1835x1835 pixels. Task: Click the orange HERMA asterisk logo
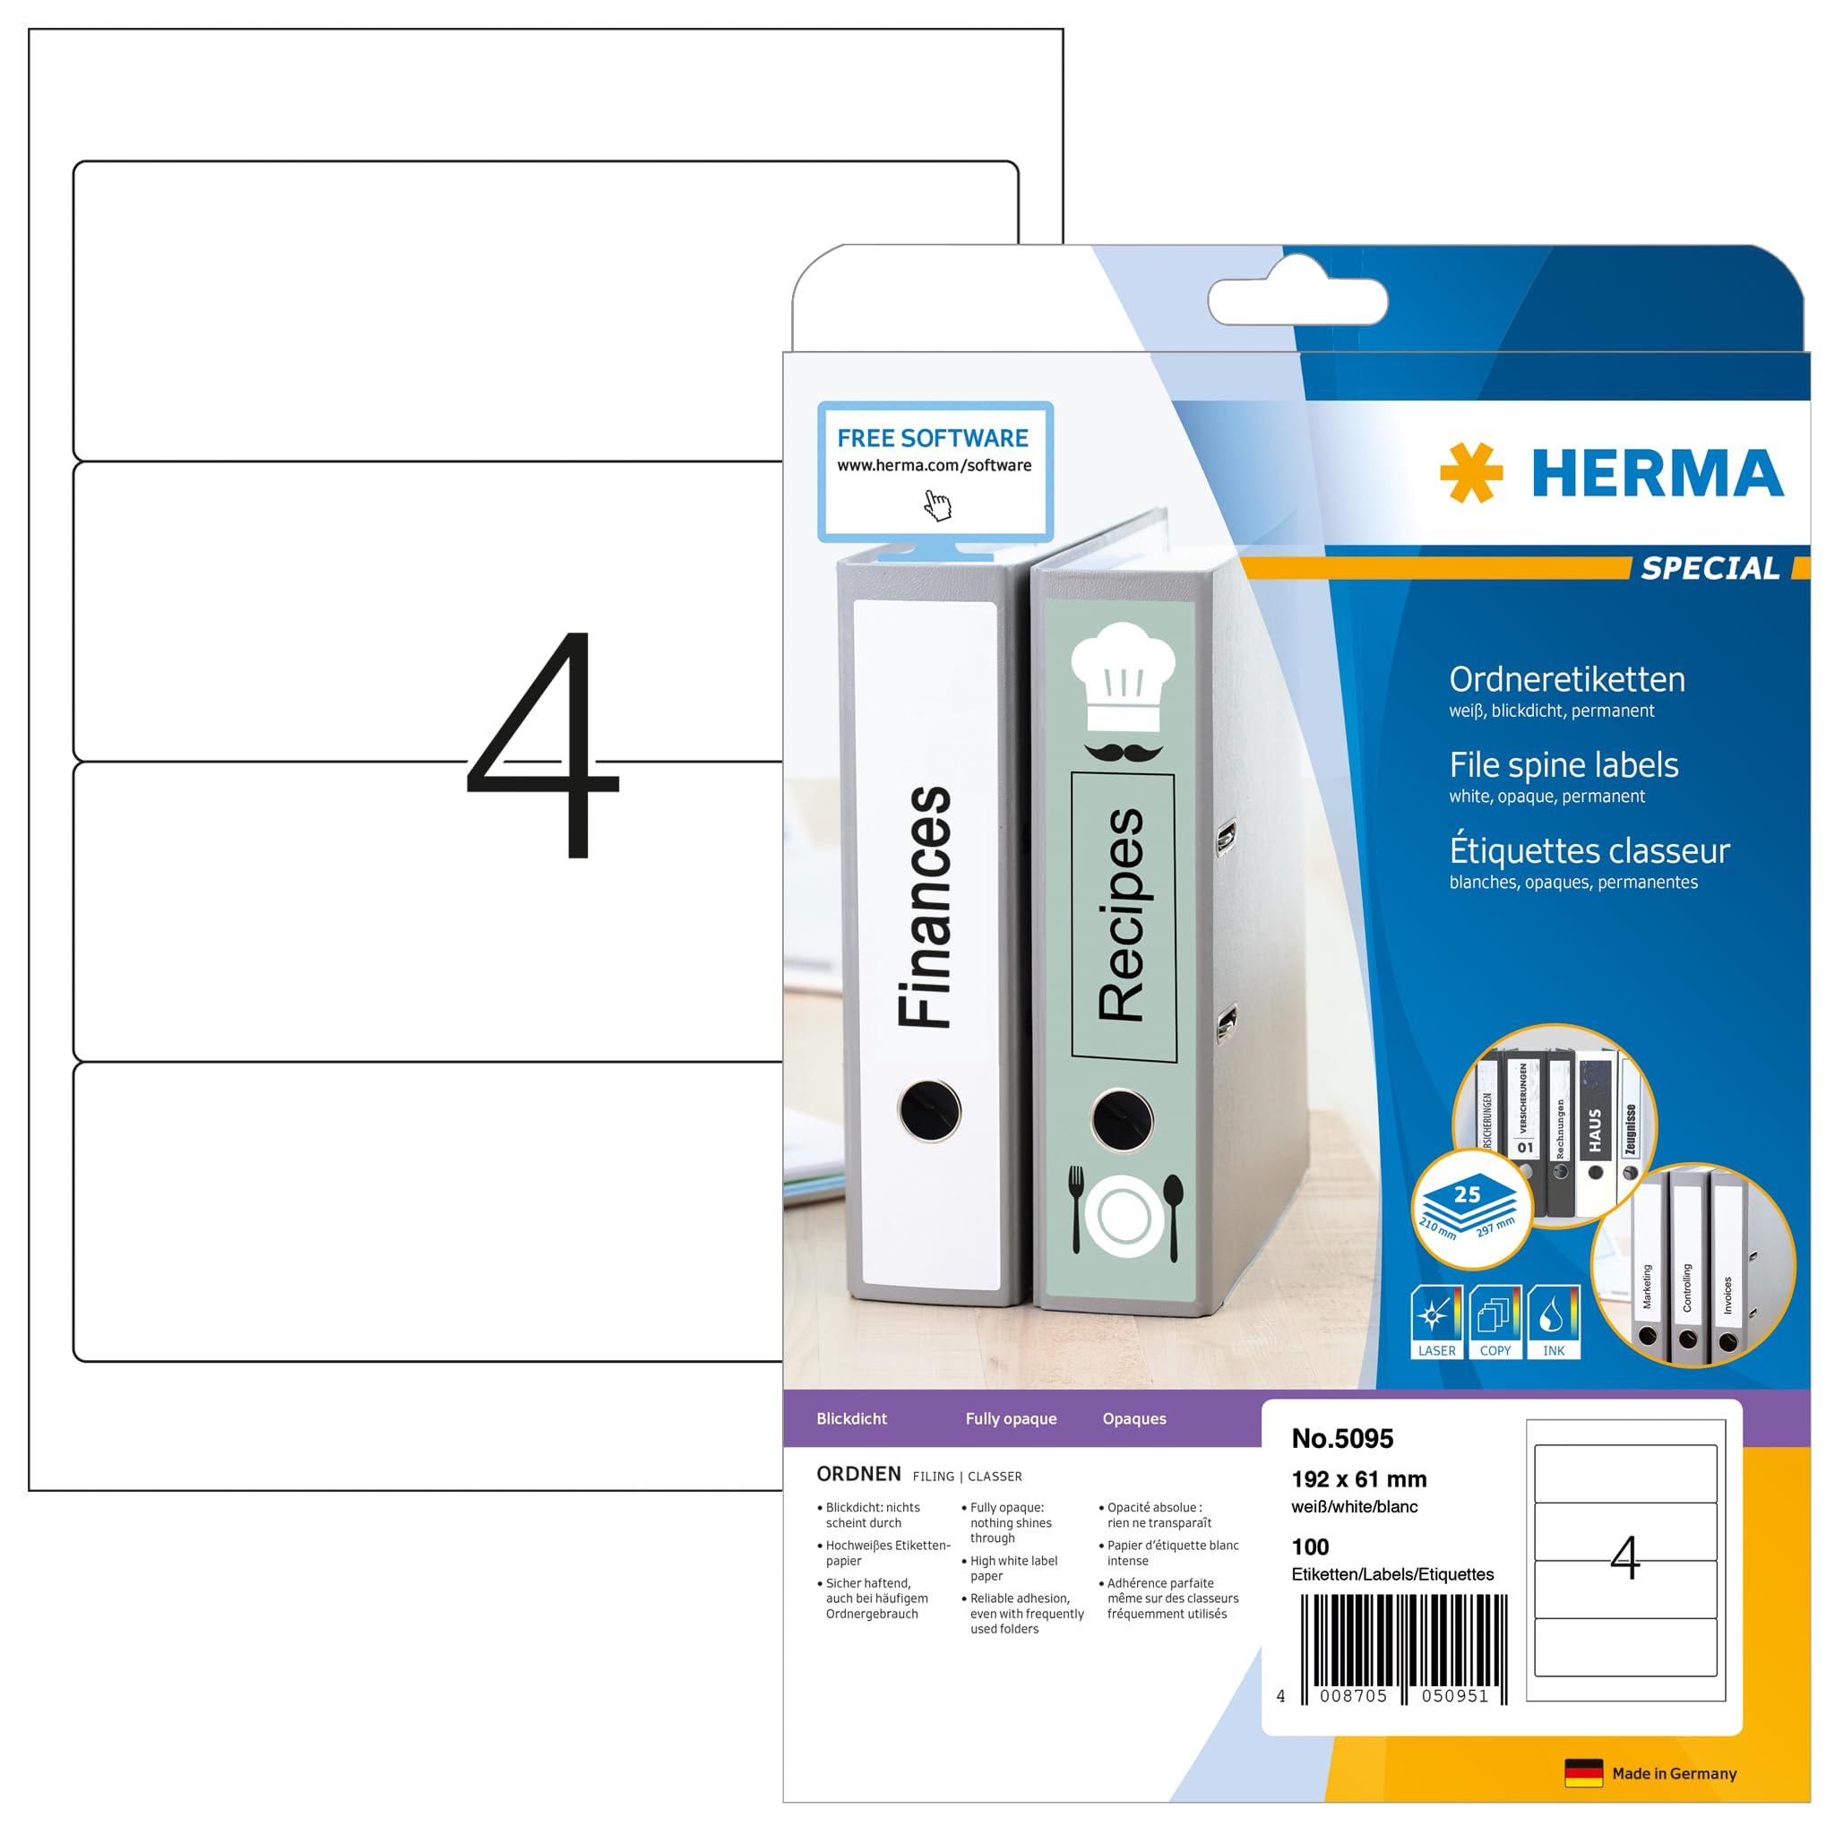[x=1470, y=472]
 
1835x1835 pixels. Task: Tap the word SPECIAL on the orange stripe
[x=1710, y=568]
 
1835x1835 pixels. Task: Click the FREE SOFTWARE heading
[x=932, y=438]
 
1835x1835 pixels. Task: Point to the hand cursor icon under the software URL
[x=937, y=505]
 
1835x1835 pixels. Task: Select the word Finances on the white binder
[x=924, y=907]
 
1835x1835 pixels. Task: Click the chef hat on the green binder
[x=1123, y=676]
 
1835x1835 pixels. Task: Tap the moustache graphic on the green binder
[x=1123, y=753]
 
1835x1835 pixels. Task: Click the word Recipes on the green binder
[x=1122, y=915]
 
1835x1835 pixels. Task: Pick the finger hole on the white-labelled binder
[x=929, y=1109]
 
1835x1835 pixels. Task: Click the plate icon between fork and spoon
[x=1124, y=1216]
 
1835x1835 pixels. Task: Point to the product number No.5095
[x=1342, y=1439]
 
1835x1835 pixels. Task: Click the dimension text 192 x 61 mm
[x=1358, y=1478]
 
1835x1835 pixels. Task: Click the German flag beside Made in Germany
[x=1583, y=1773]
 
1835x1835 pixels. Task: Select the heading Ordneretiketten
[x=1567, y=680]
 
